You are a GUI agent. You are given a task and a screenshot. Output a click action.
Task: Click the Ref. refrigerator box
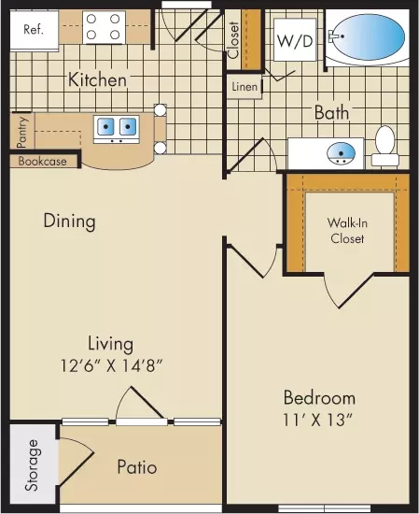click(x=34, y=30)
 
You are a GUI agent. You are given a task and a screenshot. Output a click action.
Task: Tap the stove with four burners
click(x=104, y=27)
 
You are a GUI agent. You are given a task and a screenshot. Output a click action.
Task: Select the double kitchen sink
click(x=117, y=129)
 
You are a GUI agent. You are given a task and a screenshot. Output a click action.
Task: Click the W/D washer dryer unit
click(x=295, y=40)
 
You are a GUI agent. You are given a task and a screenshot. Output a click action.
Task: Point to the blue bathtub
click(x=368, y=37)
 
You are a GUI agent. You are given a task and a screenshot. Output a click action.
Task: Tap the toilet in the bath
click(x=385, y=146)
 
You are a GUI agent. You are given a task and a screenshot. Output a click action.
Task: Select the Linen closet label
click(x=244, y=87)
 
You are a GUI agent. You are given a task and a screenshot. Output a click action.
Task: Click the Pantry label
click(x=22, y=132)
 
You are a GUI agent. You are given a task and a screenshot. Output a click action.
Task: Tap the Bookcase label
click(x=43, y=162)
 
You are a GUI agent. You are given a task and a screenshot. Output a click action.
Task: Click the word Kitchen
click(x=97, y=80)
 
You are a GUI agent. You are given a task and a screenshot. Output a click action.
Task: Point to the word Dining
click(x=70, y=221)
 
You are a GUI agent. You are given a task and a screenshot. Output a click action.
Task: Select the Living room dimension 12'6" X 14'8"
click(x=112, y=365)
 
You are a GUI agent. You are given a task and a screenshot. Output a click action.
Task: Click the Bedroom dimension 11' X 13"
click(x=318, y=420)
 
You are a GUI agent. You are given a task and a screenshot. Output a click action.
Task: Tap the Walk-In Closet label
click(x=347, y=231)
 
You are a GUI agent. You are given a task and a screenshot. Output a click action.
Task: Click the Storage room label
click(x=32, y=465)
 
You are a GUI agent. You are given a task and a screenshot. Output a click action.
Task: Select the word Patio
click(x=137, y=466)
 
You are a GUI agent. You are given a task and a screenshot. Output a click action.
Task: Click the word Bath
click(x=331, y=113)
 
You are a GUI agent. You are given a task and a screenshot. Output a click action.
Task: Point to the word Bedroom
click(x=319, y=397)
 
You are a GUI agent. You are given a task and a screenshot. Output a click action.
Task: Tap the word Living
click(x=111, y=344)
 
